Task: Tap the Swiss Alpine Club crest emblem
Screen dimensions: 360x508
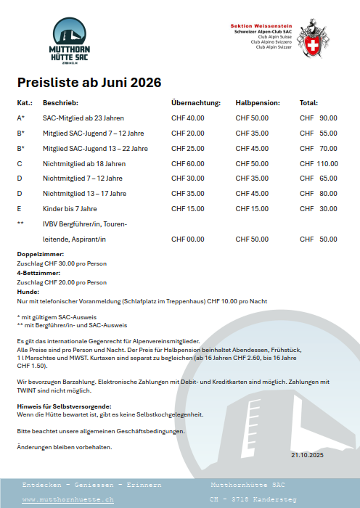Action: (313, 38)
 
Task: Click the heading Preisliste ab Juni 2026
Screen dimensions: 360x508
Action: (89, 82)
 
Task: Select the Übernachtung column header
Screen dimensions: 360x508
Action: (196, 103)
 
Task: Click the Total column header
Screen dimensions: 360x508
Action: (308, 103)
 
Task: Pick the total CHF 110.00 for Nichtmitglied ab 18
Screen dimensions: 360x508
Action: (319, 163)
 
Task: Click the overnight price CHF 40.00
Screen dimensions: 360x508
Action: (187, 118)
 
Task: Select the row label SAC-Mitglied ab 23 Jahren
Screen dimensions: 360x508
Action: (83, 118)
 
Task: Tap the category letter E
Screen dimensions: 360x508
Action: (20, 208)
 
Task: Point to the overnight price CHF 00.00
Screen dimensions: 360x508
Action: (187, 239)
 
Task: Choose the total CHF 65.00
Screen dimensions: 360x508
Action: (319, 179)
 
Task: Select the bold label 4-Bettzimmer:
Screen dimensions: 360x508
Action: (38, 273)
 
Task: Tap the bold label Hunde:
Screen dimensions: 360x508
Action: (27, 291)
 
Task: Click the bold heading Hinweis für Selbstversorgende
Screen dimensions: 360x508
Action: (63, 406)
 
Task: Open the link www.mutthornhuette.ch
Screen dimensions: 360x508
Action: (68, 500)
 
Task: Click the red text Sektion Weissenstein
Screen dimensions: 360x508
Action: (261, 25)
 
